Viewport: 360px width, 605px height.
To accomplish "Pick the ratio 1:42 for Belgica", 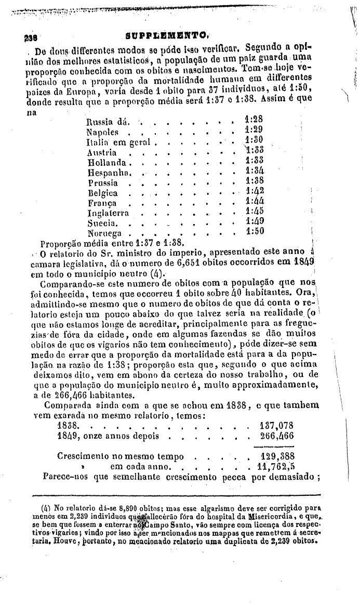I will (255, 192).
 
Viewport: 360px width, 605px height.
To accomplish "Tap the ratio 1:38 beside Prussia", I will (255, 182).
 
